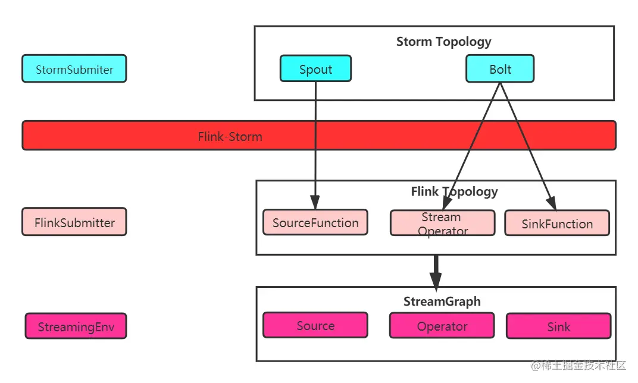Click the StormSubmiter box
(74, 69)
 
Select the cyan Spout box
(315, 69)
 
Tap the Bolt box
(500, 69)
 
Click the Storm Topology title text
(443, 42)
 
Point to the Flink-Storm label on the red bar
(230, 136)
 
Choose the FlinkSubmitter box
(74, 222)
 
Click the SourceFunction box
(315, 222)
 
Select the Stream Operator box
(442, 223)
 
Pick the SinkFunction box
(557, 223)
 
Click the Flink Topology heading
(454, 191)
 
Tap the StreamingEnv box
(76, 327)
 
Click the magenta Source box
(315, 326)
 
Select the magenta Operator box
(442, 326)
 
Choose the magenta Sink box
(558, 327)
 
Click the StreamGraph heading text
(442, 302)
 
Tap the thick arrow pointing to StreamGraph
(436, 272)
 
